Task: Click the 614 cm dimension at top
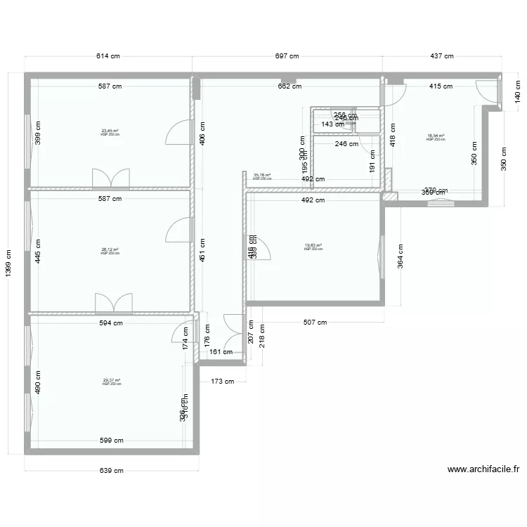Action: tap(109, 56)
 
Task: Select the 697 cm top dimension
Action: tap(287, 56)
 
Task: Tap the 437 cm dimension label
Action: tap(441, 56)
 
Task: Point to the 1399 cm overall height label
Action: tap(8, 263)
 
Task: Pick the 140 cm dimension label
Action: tap(519, 91)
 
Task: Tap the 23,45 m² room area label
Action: tap(110, 131)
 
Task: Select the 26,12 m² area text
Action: tap(110, 250)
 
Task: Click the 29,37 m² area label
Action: tap(112, 382)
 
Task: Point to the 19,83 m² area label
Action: tap(313, 246)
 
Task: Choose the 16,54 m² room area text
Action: tap(436, 137)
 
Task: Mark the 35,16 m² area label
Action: tap(262, 176)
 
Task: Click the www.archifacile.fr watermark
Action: tap(483, 469)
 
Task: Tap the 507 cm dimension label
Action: tap(315, 323)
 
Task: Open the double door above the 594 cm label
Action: tap(113, 303)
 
